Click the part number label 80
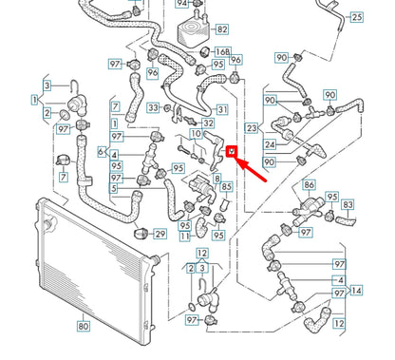[x=84, y=327]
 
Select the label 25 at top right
[x=356, y=17]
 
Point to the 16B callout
[x=221, y=52]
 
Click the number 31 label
[x=220, y=109]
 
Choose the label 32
[x=208, y=123]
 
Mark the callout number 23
[x=251, y=126]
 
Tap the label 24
[x=270, y=145]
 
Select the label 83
[x=348, y=205]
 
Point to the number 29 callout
[x=160, y=234]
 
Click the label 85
[x=226, y=187]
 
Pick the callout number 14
[x=355, y=291]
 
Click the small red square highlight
[x=231, y=148]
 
